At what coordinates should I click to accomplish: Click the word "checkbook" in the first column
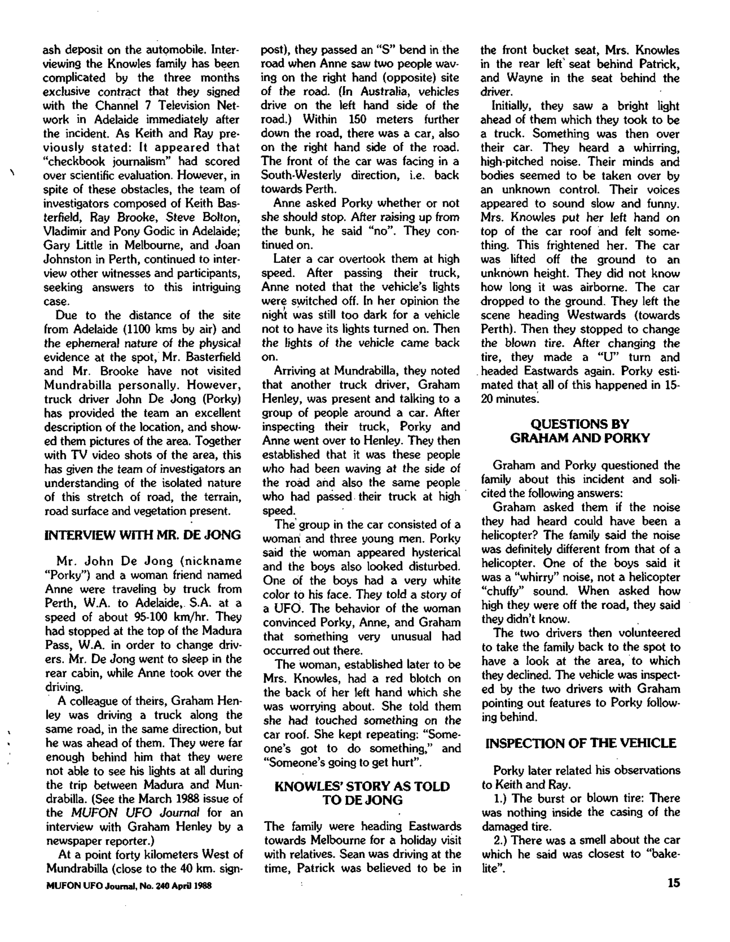click(77, 161)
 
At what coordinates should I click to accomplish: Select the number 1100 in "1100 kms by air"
click(137, 329)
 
